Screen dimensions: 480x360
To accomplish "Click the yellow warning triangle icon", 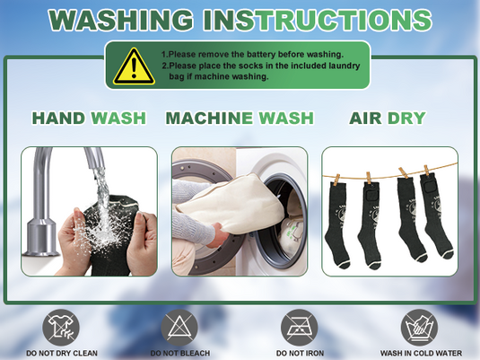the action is [134, 66].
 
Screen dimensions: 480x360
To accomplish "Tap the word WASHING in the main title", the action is [121, 20].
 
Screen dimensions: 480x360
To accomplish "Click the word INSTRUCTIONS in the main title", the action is [318, 20].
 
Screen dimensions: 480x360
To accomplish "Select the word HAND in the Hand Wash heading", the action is [59, 119].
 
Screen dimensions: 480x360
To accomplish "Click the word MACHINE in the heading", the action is [209, 119].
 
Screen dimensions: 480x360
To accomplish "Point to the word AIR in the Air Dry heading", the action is [365, 119].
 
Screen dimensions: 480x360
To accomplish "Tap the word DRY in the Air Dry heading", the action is [406, 119].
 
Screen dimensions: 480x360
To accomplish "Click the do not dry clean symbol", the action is [61, 328].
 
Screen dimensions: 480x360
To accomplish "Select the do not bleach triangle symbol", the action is [179, 328].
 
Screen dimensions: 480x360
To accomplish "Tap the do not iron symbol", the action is [300, 328].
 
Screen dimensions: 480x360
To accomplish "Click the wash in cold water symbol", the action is [419, 328].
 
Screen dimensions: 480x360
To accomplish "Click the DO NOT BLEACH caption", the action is [180, 353].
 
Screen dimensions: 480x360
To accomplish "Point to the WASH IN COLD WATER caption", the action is [421, 353].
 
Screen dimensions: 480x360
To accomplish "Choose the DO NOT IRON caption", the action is [300, 353].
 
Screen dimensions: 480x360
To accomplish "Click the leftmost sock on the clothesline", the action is [336, 224].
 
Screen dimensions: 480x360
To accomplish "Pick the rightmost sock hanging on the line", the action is [435, 215].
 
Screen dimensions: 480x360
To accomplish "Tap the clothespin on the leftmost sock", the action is [337, 180].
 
